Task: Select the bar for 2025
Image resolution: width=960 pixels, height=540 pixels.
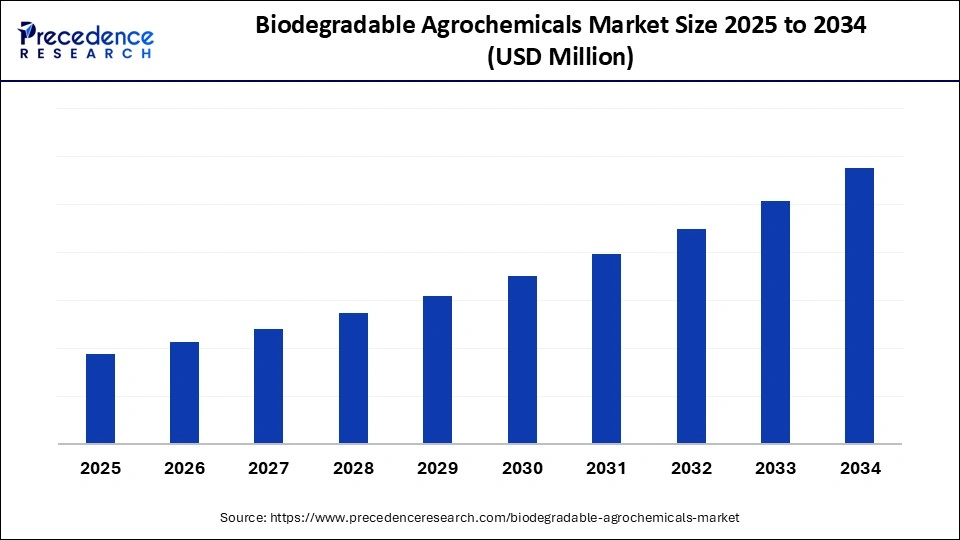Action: point(100,399)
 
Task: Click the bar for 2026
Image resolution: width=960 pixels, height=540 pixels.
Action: point(184,393)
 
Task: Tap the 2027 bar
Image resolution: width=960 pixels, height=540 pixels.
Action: point(268,386)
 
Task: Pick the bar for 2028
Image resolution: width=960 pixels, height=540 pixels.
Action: point(353,378)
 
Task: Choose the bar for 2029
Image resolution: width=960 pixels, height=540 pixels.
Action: point(437,370)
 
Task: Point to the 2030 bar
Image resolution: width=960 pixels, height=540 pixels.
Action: point(522,360)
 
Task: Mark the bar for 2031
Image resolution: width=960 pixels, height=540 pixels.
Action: point(606,349)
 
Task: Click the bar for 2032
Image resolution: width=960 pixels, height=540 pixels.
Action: point(691,336)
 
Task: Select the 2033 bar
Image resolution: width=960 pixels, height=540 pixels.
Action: point(775,322)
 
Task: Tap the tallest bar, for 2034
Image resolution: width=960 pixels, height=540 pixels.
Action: point(859,306)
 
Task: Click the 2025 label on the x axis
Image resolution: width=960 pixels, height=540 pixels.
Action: point(100,468)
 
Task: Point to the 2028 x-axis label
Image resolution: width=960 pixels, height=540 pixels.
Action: point(353,468)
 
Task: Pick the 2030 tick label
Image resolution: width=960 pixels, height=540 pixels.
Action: point(522,468)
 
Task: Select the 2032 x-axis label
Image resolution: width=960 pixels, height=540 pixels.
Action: point(691,468)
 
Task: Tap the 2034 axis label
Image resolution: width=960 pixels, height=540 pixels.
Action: point(859,468)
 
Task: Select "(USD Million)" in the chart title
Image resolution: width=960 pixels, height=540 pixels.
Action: point(560,58)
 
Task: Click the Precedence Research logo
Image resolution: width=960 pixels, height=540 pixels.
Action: point(86,41)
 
